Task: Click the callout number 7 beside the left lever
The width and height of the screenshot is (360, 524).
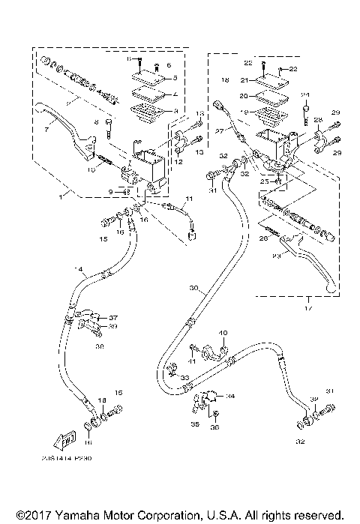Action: (x=46, y=130)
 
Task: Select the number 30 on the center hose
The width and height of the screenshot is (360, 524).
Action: (x=194, y=288)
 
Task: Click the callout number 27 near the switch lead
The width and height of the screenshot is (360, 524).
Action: (x=219, y=130)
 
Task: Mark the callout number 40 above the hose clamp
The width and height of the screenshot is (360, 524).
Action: (x=221, y=332)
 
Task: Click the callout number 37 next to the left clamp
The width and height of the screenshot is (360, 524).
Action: (x=114, y=317)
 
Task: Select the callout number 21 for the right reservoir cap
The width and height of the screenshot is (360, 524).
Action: (x=244, y=79)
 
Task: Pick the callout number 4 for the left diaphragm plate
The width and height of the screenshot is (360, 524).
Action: (x=174, y=95)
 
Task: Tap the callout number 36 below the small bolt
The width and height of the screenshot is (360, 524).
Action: (x=215, y=428)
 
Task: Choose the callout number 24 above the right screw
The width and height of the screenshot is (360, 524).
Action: (x=305, y=95)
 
